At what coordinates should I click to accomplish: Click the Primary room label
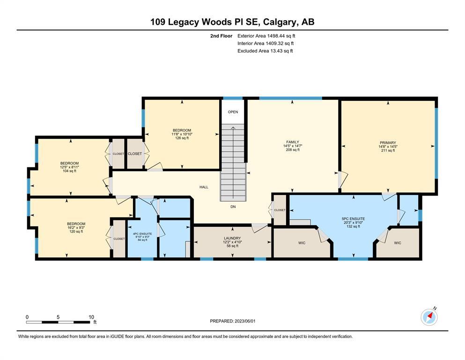388,143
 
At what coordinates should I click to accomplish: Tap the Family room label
292,142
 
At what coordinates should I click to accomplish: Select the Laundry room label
232,238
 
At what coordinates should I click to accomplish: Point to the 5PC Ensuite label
353,219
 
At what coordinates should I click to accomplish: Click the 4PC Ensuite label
142,234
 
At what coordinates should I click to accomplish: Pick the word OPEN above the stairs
233,112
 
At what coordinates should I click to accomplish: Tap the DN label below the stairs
233,207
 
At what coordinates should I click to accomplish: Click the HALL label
204,187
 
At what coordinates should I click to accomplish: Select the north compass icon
429,317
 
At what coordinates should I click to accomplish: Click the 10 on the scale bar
91,317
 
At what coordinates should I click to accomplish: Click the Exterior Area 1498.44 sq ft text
266,36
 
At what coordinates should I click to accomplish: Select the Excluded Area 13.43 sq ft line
265,51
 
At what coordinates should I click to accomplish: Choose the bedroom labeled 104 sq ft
69,167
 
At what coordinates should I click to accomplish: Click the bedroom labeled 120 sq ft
76,228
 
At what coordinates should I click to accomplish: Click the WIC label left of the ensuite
302,243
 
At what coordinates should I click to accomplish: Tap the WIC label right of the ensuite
398,243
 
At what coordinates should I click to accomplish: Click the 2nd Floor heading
221,36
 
